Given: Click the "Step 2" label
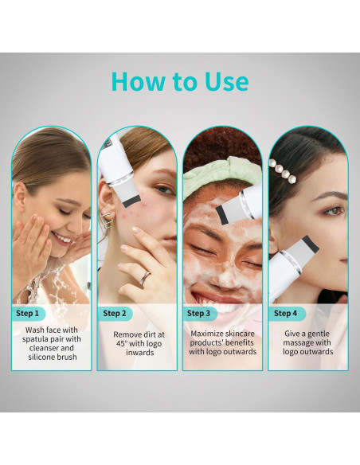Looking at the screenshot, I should [x=115, y=313].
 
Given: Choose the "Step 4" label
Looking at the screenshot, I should [x=285, y=313].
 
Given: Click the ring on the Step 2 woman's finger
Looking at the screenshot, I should [x=145, y=277].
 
